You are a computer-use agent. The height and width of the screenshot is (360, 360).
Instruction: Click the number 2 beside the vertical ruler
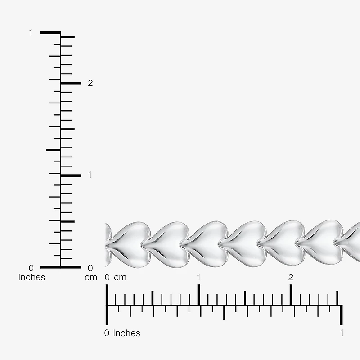click(90, 83)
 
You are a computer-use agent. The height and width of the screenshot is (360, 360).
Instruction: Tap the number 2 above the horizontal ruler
click(291, 277)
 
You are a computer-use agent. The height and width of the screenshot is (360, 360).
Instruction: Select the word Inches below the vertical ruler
click(31, 277)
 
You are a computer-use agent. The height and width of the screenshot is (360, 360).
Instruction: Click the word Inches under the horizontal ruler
click(126, 333)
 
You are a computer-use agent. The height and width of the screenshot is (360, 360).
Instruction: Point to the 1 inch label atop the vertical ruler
click(31, 33)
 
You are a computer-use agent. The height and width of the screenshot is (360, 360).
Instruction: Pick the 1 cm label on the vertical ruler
click(90, 175)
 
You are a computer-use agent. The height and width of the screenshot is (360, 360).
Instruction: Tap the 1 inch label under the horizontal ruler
click(342, 333)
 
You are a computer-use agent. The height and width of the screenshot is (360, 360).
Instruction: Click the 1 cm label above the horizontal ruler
click(198, 277)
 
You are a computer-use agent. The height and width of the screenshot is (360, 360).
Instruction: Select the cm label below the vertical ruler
click(91, 278)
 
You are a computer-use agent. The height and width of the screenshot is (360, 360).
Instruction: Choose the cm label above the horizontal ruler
click(120, 278)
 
